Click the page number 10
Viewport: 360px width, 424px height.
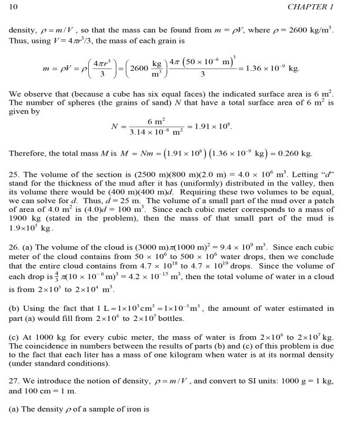(x=14, y=6)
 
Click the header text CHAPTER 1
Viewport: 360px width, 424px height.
(x=324, y=6)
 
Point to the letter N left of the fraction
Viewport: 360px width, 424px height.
(x=115, y=127)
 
